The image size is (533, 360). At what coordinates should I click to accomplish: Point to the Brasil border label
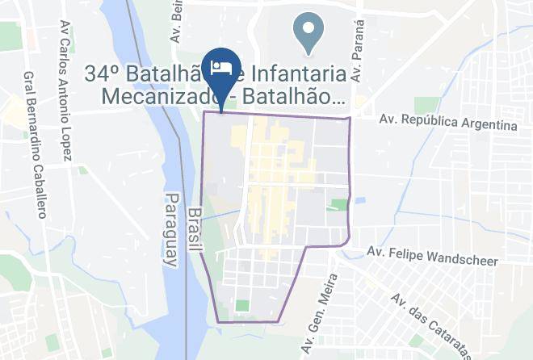tap(194, 229)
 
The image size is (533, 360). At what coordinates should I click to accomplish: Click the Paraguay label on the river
tap(171, 230)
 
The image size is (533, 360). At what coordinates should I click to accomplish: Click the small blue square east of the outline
tap(359, 200)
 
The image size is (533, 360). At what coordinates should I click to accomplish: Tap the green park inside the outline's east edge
tap(338, 205)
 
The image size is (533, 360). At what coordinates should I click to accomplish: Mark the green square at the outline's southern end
tap(242, 306)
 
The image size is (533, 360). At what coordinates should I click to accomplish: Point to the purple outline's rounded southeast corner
tap(346, 241)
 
